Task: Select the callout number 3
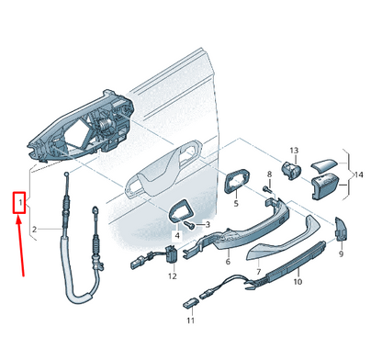[x=208, y=225]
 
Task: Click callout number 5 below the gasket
[x=235, y=203]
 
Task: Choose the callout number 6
[x=228, y=261]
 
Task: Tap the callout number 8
[x=269, y=174]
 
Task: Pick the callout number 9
[x=340, y=254]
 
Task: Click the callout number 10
[x=297, y=282]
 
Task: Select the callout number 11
[x=190, y=321]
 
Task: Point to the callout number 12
[x=172, y=276]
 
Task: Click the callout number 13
[x=295, y=151]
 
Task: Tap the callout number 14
[x=359, y=174]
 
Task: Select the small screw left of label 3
[x=189, y=224]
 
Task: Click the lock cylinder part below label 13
[x=292, y=169]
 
